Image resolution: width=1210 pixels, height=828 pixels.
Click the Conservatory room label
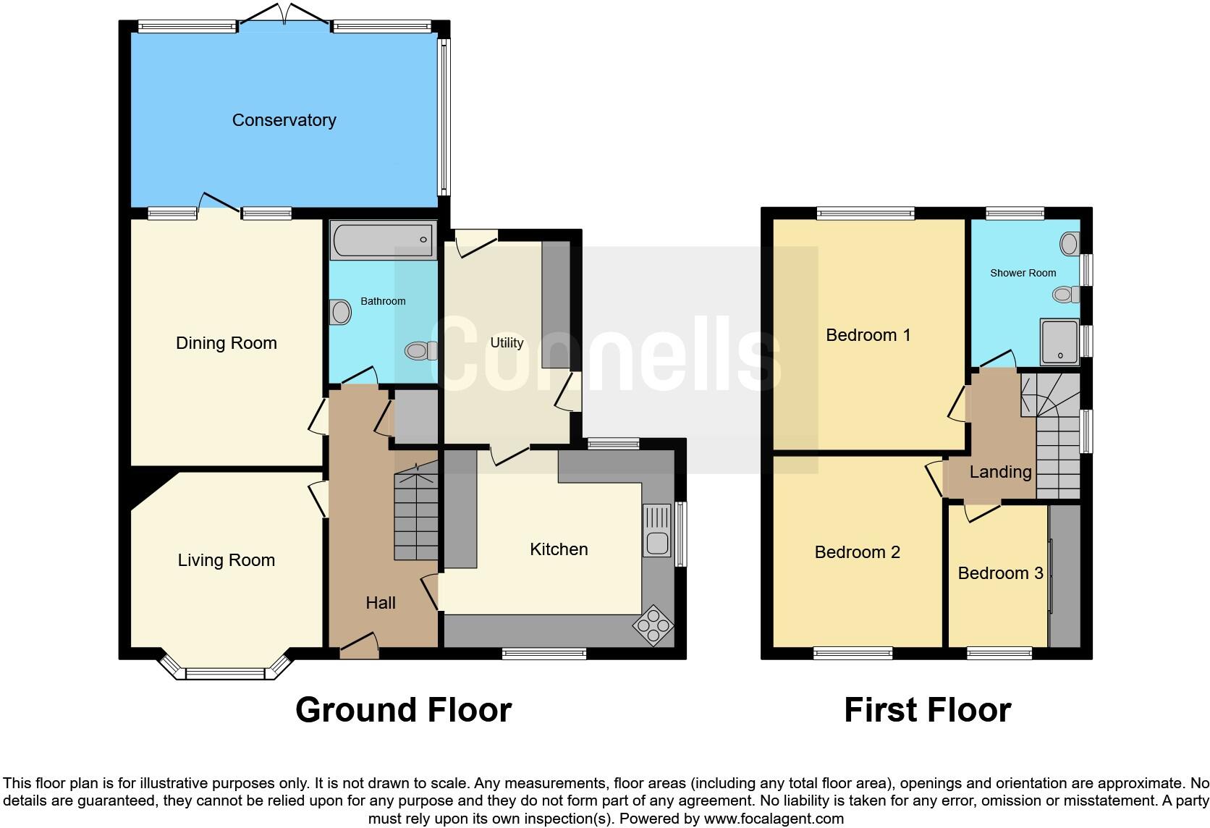(284, 120)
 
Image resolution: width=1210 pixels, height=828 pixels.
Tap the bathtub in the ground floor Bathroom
(383, 240)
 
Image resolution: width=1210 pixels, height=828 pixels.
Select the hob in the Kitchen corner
(653, 625)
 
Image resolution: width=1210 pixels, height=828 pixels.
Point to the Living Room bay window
(225, 673)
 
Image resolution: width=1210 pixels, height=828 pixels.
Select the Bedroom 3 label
(999, 573)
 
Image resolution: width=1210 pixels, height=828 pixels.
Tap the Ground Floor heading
(403, 710)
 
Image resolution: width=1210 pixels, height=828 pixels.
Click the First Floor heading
(927, 710)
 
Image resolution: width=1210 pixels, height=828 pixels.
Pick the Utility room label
(506, 343)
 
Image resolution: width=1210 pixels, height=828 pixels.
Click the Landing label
(1000, 472)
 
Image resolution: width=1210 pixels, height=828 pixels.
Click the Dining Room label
(227, 343)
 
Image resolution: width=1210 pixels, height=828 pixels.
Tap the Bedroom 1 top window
(866, 213)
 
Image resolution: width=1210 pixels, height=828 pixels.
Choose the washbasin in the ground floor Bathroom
(339, 313)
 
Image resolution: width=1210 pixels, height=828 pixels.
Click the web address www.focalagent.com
(774, 819)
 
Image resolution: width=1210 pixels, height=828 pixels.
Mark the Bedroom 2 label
(857, 552)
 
